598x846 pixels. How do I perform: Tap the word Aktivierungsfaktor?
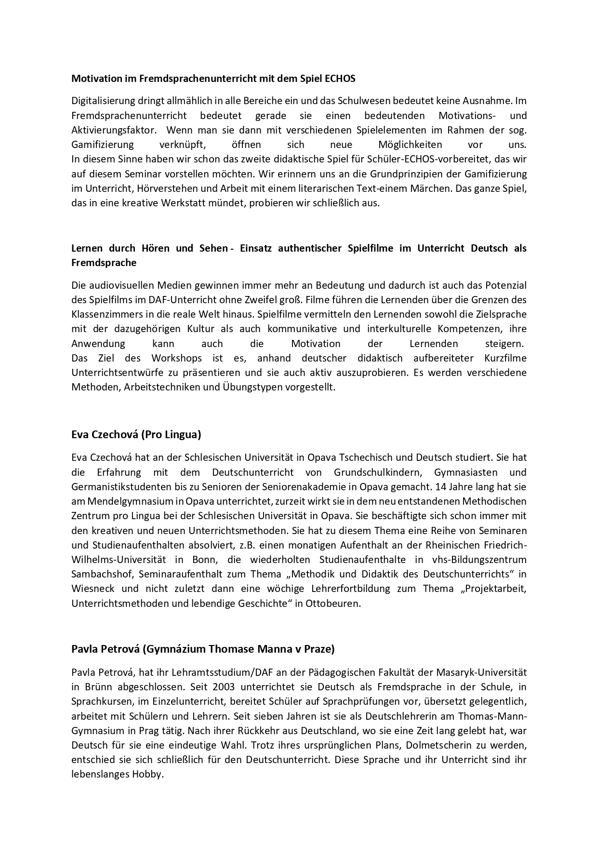[x=114, y=130]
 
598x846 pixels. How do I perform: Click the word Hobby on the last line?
[x=151, y=774]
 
